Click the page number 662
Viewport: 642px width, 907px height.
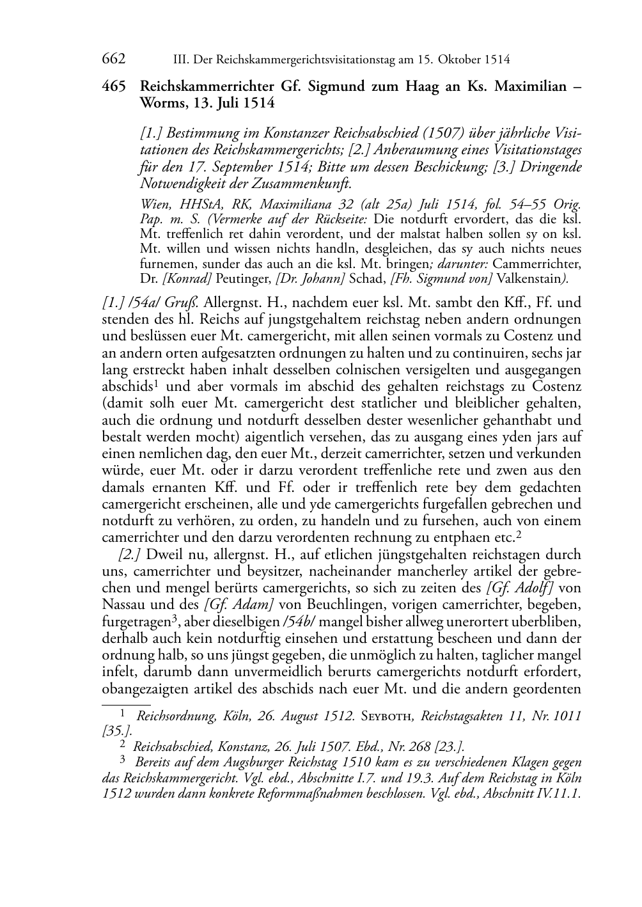[x=113, y=59]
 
